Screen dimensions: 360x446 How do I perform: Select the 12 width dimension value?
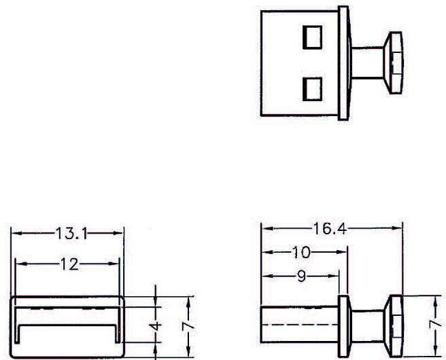tap(67, 264)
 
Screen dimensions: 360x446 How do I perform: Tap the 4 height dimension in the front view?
tap(156, 326)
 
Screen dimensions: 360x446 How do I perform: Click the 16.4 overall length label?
tap(332, 229)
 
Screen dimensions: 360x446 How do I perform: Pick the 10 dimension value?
tap(301, 253)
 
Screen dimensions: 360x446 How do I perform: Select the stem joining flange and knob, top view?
tap(368, 60)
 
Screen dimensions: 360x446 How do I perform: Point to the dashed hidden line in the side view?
tap(299, 325)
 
